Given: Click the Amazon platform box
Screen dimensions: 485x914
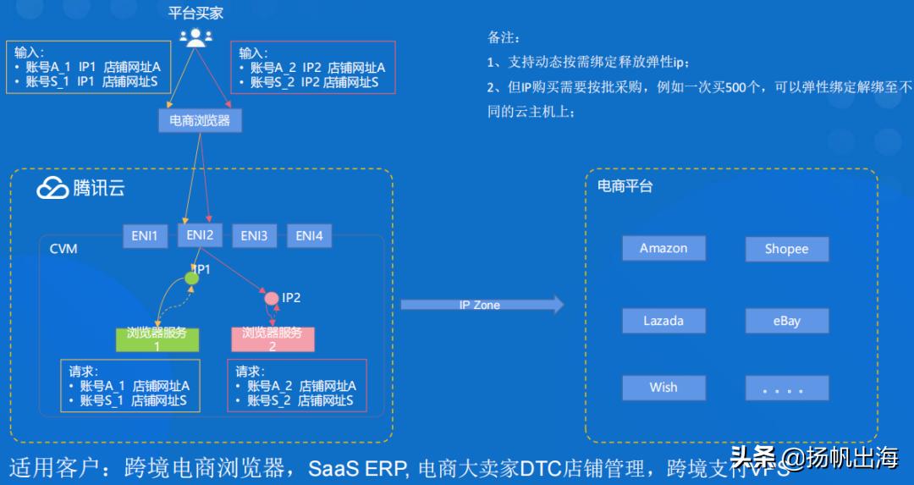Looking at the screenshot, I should click(x=663, y=248).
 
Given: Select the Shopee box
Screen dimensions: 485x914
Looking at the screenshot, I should click(x=786, y=249).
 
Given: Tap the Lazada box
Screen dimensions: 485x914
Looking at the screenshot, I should click(x=663, y=321).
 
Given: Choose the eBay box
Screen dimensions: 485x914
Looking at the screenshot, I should click(x=786, y=321).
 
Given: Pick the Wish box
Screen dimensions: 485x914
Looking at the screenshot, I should click(x=663, y=387).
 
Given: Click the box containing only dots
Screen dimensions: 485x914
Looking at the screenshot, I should click(x=786, y=388).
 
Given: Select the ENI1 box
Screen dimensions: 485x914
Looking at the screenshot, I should click(x=144, y=236).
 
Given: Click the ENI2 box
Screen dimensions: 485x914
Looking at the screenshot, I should click(x=200, y=235).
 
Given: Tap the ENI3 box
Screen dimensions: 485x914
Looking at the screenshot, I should click(x=254, y=236).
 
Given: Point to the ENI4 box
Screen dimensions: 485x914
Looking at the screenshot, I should click(x=309, y=236).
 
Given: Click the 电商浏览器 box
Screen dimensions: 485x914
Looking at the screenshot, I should click(x=200, y=120).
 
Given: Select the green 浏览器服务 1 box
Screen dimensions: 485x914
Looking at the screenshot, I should click(x=157, y=339).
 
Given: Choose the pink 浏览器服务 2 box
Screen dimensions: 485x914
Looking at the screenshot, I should click(x=273, y=339).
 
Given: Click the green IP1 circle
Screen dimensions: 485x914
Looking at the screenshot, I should click(x=192, y=278).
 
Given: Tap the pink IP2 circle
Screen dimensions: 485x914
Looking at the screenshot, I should click(x=271, y=298).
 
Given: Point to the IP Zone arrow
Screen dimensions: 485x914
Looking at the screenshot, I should click(x=482, y=305).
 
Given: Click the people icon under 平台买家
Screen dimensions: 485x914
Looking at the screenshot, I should click(x=195, y=37).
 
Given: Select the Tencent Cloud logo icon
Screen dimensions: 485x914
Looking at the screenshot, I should click(x=52, y=188).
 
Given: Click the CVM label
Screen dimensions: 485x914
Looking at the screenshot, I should click(x=63, y=249).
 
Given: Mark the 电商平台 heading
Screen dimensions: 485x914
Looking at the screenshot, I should click(x=625, y=186).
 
